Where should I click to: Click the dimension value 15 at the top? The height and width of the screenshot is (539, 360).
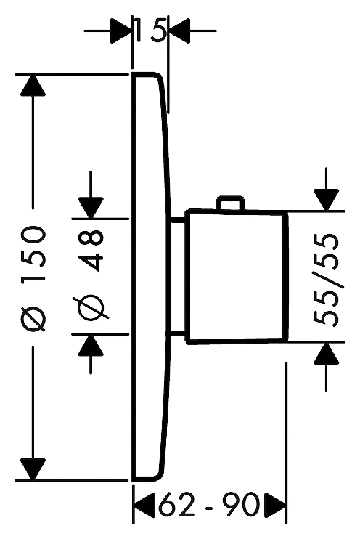coord(150,31)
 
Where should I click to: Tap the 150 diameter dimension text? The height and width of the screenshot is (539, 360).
coord(33,254)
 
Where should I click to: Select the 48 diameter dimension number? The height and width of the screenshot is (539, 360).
coord(91,250)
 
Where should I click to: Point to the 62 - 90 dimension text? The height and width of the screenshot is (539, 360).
coord(209,504)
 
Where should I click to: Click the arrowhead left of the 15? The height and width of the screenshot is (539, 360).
coord(121,31)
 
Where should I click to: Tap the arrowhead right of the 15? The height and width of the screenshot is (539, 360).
coord(179,31)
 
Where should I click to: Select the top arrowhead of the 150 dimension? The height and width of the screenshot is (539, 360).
coord(33,85)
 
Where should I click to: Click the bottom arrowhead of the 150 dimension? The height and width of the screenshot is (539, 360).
coord(33,469)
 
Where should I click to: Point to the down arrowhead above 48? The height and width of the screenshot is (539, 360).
coord(91,208)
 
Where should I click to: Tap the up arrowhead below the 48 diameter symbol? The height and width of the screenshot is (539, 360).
coord(91,345)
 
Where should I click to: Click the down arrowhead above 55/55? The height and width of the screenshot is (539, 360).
coord(327,200)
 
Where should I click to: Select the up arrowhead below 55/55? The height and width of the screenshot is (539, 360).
coord(327,353)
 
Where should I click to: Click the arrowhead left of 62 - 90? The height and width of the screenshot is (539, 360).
coord(144,505)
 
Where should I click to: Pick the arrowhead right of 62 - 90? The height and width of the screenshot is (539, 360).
coord(275,505)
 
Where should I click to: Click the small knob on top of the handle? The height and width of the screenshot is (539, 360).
coord(230,203)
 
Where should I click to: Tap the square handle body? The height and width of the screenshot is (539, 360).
coord(237,277)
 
